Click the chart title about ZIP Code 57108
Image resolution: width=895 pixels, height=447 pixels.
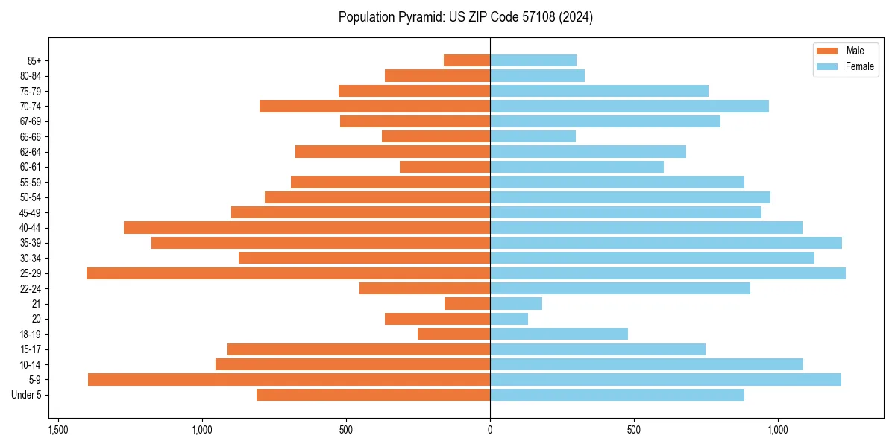tap(465, 17)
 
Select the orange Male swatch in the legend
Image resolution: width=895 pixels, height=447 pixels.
tap(827, 51)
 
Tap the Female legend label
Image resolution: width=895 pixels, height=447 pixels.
tap(859, 66)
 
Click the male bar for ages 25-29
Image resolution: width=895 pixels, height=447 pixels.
tap(288, 273)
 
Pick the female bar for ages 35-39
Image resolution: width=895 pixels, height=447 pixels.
tap(665, 243)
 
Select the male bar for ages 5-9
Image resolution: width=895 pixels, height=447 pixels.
tap(289, 380)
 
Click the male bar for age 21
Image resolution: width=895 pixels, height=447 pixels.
tap(467, 304)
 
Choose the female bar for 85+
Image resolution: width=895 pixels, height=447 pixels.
tap(533, 60)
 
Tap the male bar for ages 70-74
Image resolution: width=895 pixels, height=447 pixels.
tap(374, 107)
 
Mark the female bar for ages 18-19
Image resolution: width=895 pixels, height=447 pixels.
tap(559, 334)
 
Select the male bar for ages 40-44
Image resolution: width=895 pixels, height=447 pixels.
tap(307, 227)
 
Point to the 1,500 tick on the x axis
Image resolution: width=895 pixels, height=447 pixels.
tap(58, 430)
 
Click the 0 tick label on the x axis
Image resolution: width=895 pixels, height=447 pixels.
tap(490, 430)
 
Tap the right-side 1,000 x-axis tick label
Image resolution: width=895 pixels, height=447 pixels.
tap(777, 430)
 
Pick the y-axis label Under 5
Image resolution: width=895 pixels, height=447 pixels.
tap(26, 395)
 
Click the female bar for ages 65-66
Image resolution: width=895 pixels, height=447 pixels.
tap(533, 136)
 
